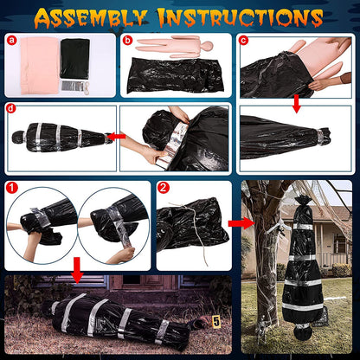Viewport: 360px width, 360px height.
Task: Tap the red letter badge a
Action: (11, 40)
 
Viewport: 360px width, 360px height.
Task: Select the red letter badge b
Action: (128, 40)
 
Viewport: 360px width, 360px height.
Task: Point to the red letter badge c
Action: (244, 40)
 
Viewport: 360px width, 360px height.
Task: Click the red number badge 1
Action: (11, 187)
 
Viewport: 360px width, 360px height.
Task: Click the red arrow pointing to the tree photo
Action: (236, 222)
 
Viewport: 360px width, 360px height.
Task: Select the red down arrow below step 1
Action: (76, 276)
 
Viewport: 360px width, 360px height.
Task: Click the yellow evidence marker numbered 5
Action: (216, 323)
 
